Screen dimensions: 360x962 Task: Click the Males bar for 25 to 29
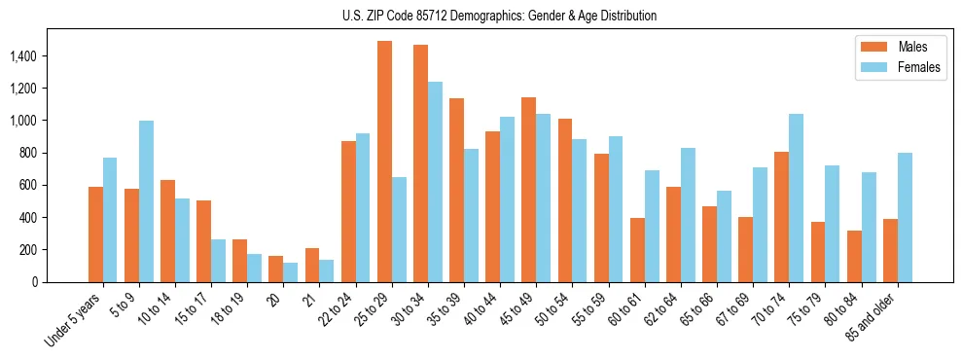coord(384,162)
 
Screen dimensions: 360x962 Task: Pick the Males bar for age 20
coord(276,269)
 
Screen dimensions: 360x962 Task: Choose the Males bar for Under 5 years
coord(95,234)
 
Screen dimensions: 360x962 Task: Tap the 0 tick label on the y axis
coord(60,282)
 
